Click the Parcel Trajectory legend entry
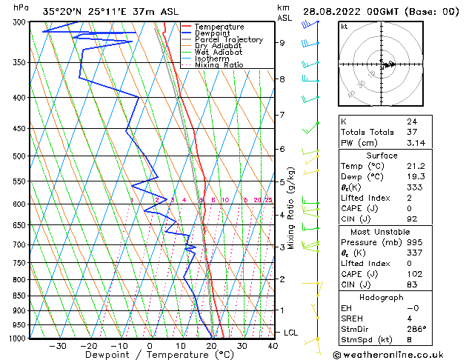(228, 40)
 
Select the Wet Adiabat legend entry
(218, 53)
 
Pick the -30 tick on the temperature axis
(57, 346)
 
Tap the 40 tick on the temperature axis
(273, 346)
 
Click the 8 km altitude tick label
(282, 79)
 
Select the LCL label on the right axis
(290, 333)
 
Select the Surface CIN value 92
(411, 220)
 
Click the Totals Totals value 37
(411, 133)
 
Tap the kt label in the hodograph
(344, 27)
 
